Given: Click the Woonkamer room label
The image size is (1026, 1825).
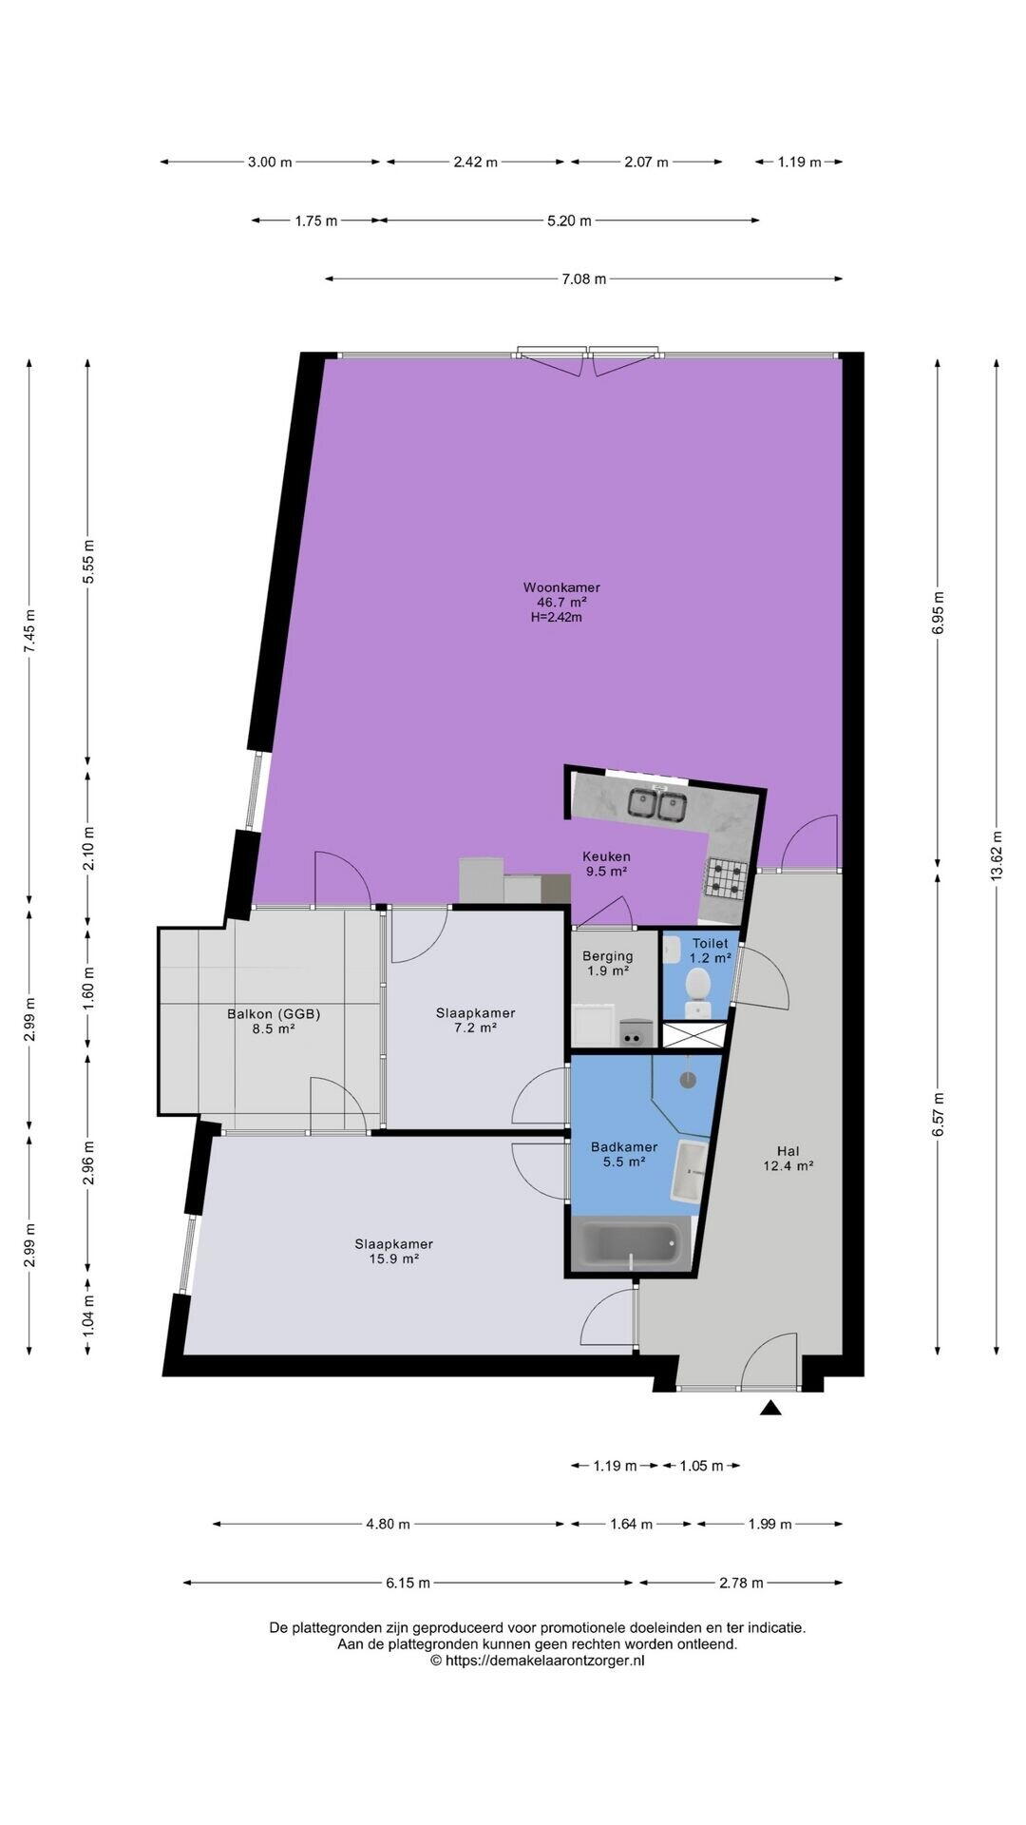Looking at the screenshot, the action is click(561, 587).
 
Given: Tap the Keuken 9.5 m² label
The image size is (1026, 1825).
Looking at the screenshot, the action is click(606, 863).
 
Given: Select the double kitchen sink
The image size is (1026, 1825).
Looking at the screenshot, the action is click(657, 805).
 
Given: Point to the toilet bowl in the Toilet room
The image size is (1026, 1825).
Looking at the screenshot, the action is click(698, 985).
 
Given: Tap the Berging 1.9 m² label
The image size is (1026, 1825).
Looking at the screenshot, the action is click(608, 963).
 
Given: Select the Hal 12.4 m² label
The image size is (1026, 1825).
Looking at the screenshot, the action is click(788, 1158).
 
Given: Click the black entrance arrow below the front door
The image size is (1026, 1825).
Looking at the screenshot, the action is click(770, 1408).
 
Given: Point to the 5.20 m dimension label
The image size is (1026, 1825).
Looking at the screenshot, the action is click(569, 221).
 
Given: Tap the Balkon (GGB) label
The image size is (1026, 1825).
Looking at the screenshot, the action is click(274, 1013).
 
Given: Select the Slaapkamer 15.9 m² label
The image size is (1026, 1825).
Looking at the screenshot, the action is click(394, 1251).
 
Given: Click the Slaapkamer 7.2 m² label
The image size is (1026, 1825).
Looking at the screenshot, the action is click(475, 1020).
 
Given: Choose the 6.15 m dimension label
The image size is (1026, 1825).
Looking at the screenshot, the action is click(408, 1583).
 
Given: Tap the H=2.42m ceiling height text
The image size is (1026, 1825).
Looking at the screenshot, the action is click(557, 617).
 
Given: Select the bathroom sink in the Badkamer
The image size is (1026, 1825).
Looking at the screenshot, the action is click(689, 1171).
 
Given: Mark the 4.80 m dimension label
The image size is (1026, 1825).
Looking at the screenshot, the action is click(388, 1524).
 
